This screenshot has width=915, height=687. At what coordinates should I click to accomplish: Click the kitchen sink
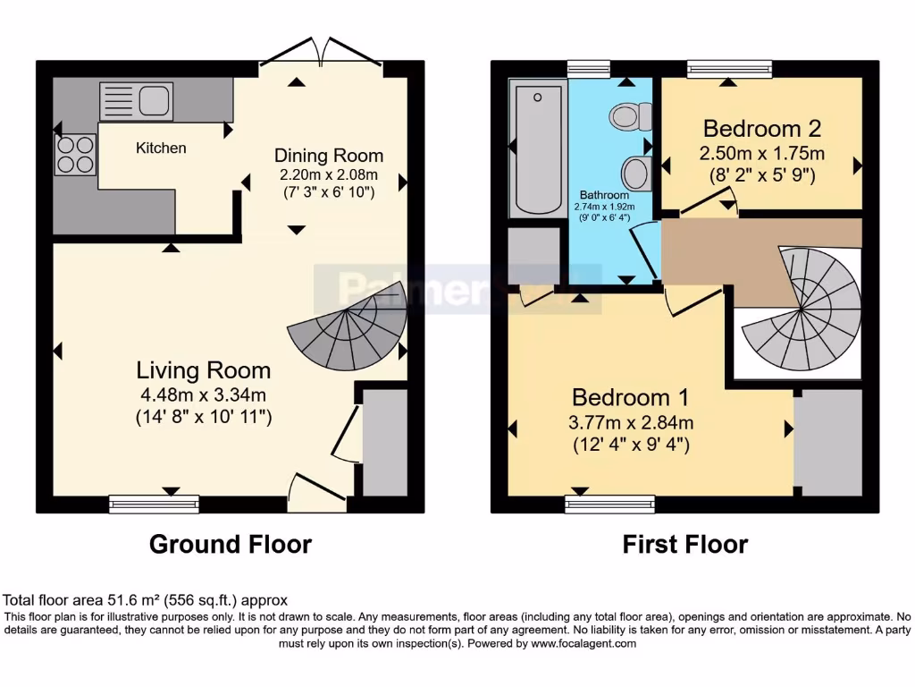136,100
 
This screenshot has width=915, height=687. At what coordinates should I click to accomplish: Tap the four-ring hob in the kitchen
76,154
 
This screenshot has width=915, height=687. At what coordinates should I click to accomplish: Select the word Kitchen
161,148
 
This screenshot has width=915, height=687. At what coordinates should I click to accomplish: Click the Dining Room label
328,156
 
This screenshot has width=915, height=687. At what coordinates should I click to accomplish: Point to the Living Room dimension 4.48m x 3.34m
203,394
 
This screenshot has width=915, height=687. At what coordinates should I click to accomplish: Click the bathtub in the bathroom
536,148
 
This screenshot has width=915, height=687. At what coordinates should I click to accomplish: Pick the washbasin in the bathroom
636,170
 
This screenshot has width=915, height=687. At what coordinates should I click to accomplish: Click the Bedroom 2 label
761,127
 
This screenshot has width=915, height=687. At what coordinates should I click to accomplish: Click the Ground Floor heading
230,544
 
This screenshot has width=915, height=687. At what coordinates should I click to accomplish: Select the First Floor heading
684,544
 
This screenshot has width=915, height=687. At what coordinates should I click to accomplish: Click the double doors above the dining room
319,52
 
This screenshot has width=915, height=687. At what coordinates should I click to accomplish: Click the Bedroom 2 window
729,69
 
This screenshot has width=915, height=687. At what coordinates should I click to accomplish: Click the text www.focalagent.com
583,643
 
